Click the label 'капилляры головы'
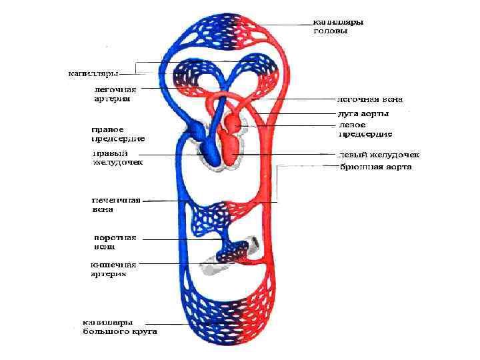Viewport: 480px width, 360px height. [338, 27]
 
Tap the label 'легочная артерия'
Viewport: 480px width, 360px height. [115, 93]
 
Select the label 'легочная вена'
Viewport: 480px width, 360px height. [369, 100]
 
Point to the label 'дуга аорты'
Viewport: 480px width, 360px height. [364, 114]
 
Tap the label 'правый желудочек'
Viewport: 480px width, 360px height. [117, 157]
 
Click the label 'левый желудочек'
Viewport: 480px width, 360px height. [377, 155]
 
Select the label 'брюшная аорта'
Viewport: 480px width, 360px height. [376, 167]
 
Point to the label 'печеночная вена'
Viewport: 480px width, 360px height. [115, 204]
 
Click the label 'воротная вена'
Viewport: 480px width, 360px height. [115, 241]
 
